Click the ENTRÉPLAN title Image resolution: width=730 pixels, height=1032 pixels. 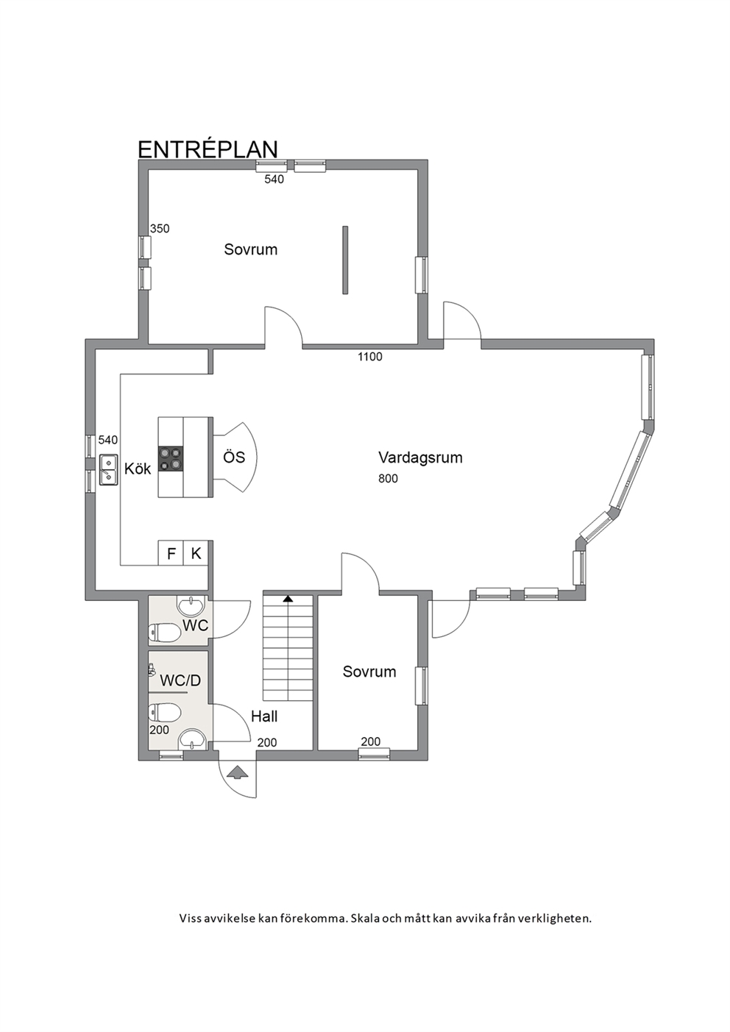pyautogui.click(x=208, y=149)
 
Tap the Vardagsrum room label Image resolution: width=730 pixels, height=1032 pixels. pyautogui.click(x=420, y=458)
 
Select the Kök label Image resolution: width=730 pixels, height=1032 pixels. pyautogui.click(x=138, y=469)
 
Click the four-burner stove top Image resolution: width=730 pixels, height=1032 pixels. pyautogui.click(x=171, y=458)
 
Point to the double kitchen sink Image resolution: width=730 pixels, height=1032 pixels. pyautogui.click(x=108, y=469)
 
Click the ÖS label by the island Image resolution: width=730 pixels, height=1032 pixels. pyautogui.click(x=234, y=458)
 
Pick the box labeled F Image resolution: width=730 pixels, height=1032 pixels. pyautogui.click(x=171, y=553)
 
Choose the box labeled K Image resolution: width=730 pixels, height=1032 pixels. pyautogui.click(x=196, y=553)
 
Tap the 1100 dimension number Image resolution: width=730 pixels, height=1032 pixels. pyautogui.click(x=370, y=357)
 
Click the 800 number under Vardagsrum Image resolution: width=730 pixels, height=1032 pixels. pyautogui.click(x=388, y=479)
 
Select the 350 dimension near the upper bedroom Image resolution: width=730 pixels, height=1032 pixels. pyautogui.click(x=160, y=229)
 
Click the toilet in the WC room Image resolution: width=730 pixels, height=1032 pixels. pyautogui.click(x=164, y=632)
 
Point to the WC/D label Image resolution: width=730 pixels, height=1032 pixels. pyautogui.click(x=180, y=680)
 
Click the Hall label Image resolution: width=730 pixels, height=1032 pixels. pyautogui.click(x=264, y=716)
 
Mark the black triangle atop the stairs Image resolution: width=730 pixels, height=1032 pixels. pyautogui.click(x=288, y=599)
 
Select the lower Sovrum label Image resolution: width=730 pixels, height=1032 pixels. pyautogui.click(x=369, y=672)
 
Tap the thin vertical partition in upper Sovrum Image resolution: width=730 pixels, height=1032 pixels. pyautogui.click(x=345, y=260)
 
